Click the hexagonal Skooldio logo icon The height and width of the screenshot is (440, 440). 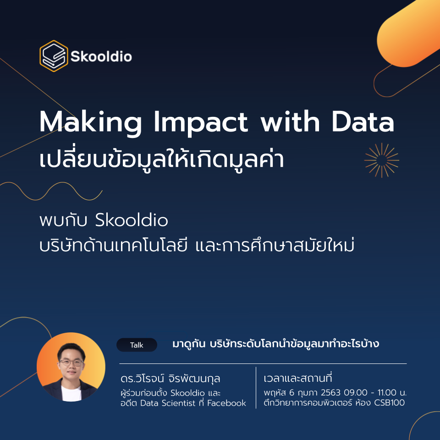54,56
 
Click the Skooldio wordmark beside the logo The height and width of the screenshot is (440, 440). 101,56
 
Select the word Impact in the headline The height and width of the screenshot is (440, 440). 201,123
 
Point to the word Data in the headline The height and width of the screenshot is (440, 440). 363,122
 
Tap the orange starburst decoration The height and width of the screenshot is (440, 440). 382,160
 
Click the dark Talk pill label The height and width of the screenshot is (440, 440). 137,345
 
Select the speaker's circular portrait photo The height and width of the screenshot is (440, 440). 71,367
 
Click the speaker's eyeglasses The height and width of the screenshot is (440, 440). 71,363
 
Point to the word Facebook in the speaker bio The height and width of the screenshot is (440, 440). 226,403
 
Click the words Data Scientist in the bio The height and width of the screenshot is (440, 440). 168,403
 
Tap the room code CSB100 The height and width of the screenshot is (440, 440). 390,403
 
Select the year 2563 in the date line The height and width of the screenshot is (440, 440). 330,392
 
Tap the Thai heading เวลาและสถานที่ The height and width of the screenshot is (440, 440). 298,378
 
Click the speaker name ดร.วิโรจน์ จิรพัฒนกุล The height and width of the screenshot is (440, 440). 170,379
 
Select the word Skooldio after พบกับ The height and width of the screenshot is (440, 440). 132,220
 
